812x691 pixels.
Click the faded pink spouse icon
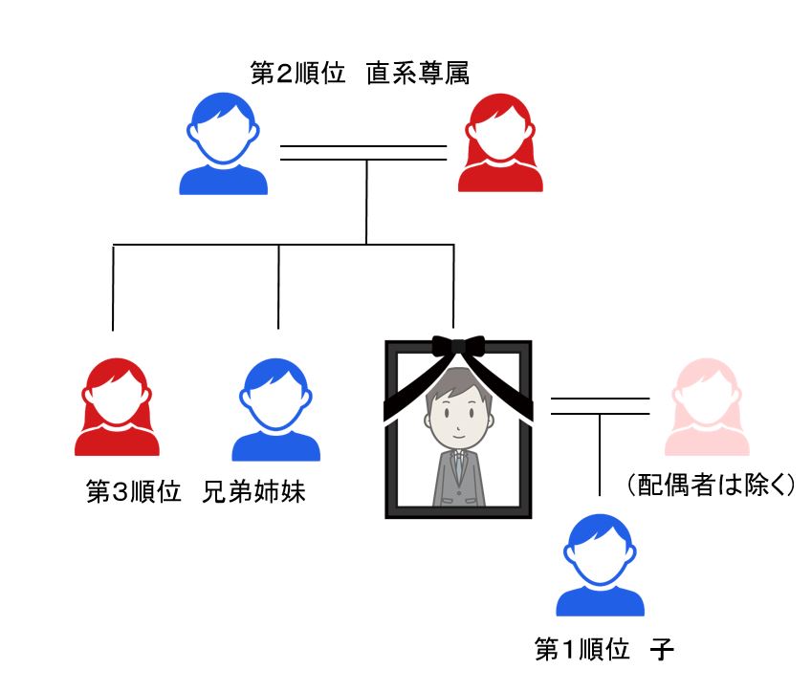click(x=711, y=406)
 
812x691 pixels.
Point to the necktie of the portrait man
click(x=458, y=468)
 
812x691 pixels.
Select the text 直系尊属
click(x=417, y=76)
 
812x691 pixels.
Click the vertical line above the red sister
click(x=114, y=287)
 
